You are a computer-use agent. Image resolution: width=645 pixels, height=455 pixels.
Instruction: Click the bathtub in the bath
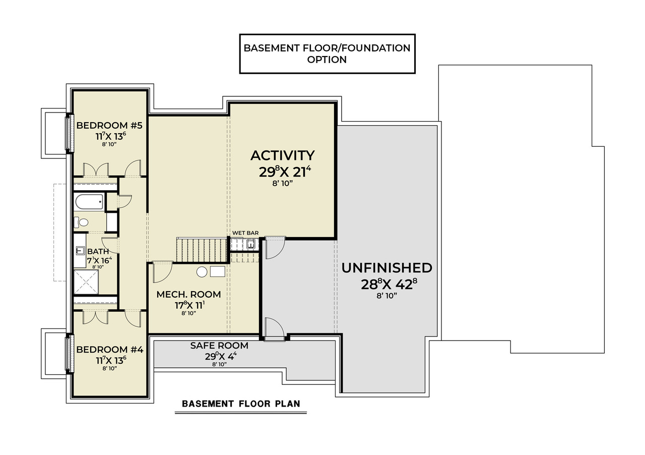[89, 202]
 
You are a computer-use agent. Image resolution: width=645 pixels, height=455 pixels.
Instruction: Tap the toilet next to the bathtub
[82, 222]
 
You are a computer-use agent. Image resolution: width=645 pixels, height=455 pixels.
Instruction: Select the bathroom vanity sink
[80, 250]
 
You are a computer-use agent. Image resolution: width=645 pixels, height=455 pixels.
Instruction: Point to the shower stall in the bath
[87, 281]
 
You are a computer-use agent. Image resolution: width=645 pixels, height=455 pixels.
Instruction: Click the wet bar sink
[250, 245]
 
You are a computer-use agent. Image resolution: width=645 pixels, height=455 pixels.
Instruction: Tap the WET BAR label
[245, 233]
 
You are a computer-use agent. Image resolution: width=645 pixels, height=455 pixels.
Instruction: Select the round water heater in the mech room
[202, 272]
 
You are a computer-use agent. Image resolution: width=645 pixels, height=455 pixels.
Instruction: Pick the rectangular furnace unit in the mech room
[217, 271]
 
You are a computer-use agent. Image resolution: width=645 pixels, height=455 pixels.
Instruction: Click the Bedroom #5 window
[67, 133]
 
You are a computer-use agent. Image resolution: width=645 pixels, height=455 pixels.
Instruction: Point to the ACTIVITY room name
[282, 155]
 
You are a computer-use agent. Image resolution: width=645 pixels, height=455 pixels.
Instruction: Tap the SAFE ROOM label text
[219, 346]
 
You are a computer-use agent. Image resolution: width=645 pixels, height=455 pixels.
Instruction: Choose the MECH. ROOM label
[188, 295]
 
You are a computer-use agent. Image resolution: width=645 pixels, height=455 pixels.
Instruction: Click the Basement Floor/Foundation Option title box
[327, 54]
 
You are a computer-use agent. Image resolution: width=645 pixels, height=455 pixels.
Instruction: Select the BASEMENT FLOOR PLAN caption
[240, 404]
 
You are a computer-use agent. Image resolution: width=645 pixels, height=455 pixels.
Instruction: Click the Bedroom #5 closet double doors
[96, 169]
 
